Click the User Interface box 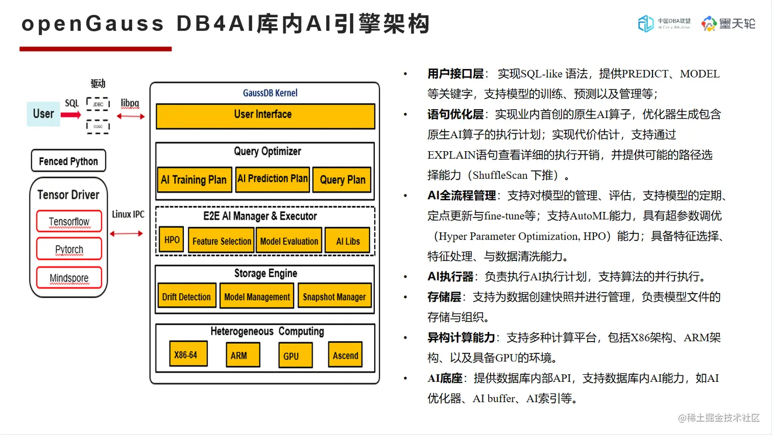point(265,115)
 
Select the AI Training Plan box point(194,180)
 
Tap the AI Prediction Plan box point(273,179)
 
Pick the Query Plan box point(342,180)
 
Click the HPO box point(172,240)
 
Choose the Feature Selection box point(222,241)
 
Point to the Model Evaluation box point(289,241)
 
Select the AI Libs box point(348,241)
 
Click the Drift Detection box point(186,296)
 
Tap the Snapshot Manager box point(334,296)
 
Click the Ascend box point(345,355)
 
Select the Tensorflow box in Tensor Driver point(69,222)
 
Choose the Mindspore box point(69,278)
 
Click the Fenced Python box point(68,161)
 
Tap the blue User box point(43,114)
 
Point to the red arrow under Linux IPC point(126,234)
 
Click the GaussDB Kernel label point(270,93)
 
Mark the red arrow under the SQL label point(71,115)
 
